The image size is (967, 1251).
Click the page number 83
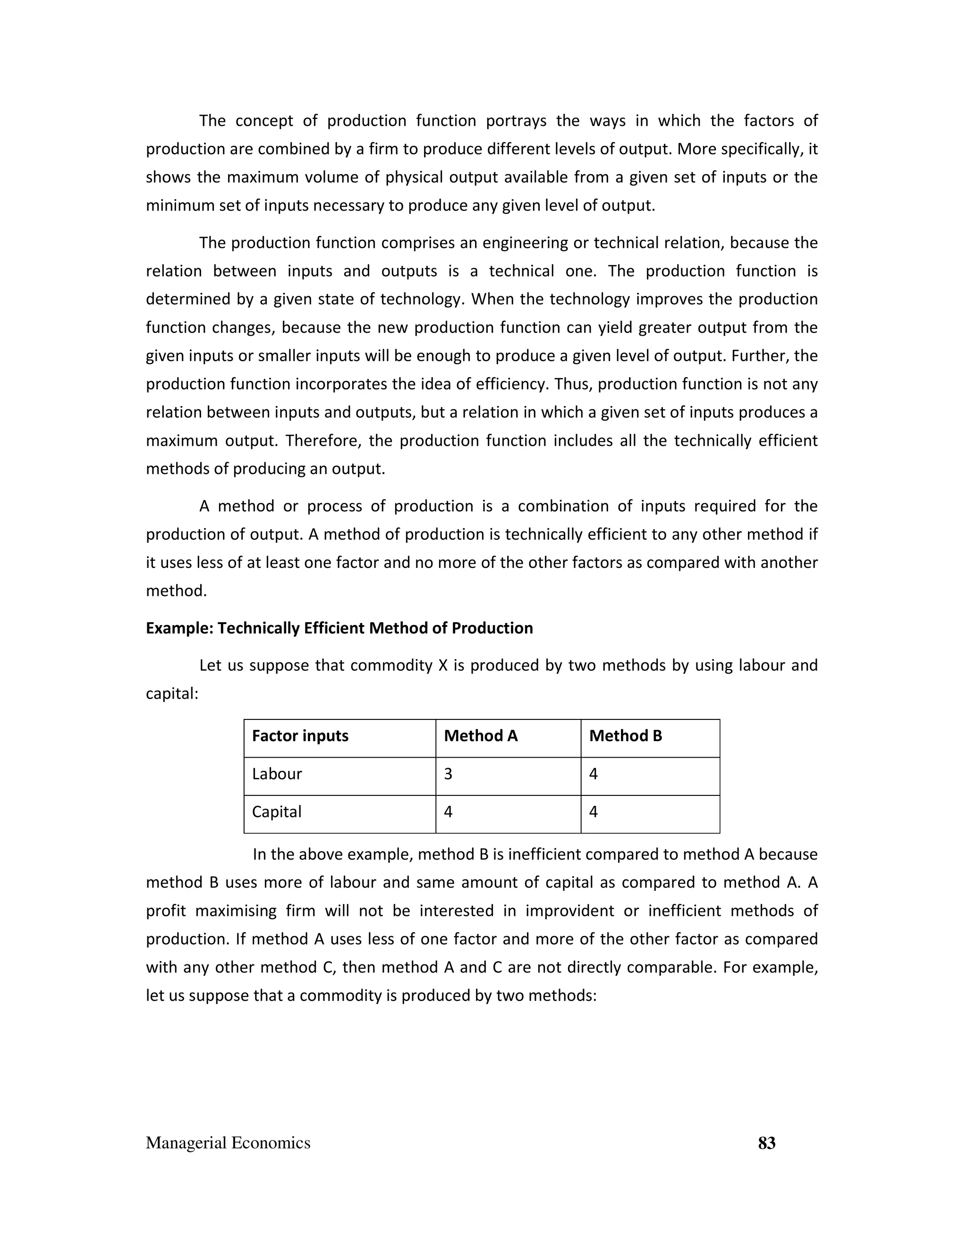[x=766, y=1143]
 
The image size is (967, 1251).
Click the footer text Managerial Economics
[x=228, y=1143]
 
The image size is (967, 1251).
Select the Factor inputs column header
[x=300, y=736]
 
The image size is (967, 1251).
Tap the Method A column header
[x=481, y=736]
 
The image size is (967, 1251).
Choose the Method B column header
[x=625, y=736]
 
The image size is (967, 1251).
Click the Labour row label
[x=277, y=774]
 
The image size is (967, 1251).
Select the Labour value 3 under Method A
[x=448, y=774]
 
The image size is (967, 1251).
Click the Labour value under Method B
[x=594, y=774]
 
